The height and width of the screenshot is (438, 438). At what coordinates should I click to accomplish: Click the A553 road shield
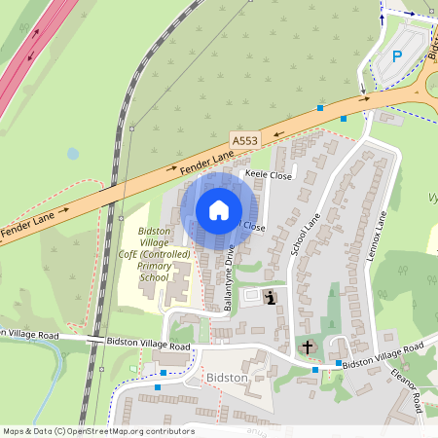(x=245, y=140)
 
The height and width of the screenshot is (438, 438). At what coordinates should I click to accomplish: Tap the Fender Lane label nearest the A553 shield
(x=206, y=162)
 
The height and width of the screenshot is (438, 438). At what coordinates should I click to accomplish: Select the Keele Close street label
(x=268, y=175)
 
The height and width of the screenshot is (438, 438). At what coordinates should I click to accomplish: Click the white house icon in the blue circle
(x=219, y=209)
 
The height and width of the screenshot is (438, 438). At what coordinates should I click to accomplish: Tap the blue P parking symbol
(x=396, y=56)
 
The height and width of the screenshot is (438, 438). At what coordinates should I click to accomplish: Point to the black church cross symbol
(x=309, y=347)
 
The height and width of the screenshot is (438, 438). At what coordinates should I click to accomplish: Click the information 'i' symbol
(x=269, y=297)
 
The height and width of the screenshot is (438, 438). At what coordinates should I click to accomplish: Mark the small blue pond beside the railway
(x=73, y=154)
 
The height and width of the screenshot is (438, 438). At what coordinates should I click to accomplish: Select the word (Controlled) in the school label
(x=171, y=255)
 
